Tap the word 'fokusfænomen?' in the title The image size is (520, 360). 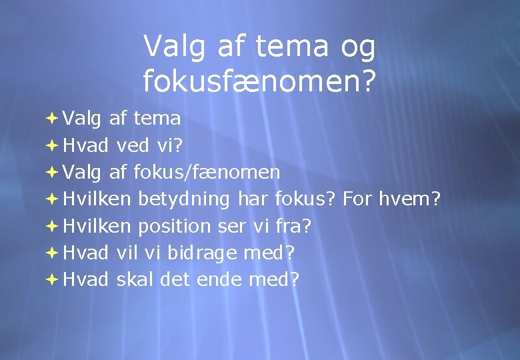tap(259, 81)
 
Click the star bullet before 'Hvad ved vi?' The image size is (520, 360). tap(53, 146)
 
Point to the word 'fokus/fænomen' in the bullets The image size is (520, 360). tap(207, 173)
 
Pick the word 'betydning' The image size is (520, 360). tap(184, 199)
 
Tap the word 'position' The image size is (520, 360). tap(174, 226)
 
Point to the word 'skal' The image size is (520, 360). tap(135, 279)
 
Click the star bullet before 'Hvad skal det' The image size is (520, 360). tap(53, 279)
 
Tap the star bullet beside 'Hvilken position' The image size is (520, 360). tap(53, 226)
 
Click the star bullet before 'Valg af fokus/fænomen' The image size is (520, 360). tap(53, 173)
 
